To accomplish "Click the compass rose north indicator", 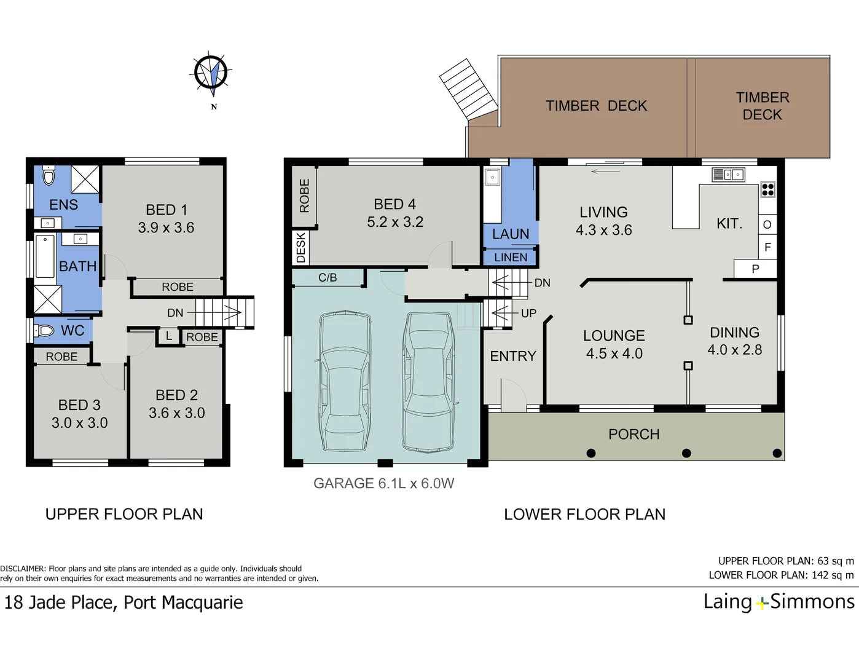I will pyautogui.click(x=212, y=74).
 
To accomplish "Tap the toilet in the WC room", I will pyautogui.click(x=44, y=331).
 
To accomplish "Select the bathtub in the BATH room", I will pyautogui.click(x=45, y=256).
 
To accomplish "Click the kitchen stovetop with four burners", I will pyautogui.click(x=767, y=189).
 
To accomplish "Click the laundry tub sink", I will pyautogui.click(x=492, y=178).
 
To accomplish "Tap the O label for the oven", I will pyautogui.click(x=767, y=224).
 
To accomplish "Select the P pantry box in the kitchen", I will pyautogui.click(x=755, y=269).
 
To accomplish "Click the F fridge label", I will pyautogui.click(x=767, y=247).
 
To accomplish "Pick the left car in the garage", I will pyautogui.click(x=344, y=381).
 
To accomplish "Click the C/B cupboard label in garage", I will pyautogui.click(x=328, y=278).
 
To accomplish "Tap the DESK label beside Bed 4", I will pyautogui.click(x=300, y=247).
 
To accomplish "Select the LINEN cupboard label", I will pyautogui.click(x=511, y=258).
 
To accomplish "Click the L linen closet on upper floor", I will pyautogui.click(x=168, y=336).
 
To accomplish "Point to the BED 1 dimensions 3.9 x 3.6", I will pyautogui.click(x=166, y=228).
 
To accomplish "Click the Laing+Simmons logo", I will pyautogui.click(x=779, y=601).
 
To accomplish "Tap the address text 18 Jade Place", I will pyautogui.click(x=124, y=603).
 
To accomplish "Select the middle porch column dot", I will pyautogui.click(x=686, y=453).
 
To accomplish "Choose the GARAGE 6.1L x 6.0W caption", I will pyautogui.click(x=383, y=483).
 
